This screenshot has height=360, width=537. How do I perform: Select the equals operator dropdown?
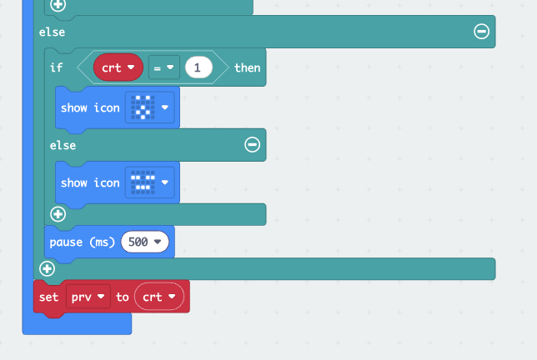(x=164, y=67)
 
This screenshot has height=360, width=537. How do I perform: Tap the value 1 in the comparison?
(x=198, y=67)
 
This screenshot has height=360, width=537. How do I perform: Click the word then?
(x=247, y=67)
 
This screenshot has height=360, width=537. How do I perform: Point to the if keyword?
(x=56, y=67)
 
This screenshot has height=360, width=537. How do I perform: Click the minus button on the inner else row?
(x=252, y=145)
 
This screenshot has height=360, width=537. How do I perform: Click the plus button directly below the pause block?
(x=48, y=268)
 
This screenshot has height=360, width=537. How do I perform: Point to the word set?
(x=49, y=297)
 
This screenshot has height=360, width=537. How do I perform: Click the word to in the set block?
(x=123, y=297)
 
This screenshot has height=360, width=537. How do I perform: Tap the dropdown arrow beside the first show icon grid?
(x=165, y=107)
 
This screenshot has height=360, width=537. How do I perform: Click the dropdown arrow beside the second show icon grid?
(x=165, y=182)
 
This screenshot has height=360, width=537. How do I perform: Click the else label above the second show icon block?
(x=63, y=145)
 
